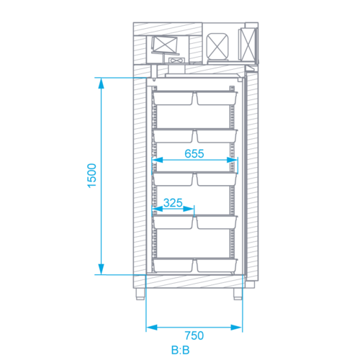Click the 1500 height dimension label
(x=92, y=176)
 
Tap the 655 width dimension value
(x=194, y=153)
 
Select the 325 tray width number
(x=173, y=203)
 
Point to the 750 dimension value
(x=194, y=336)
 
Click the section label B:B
(x=181, y=350)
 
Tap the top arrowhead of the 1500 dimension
(x=102, y=84)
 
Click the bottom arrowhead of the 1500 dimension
(x=102, y=269)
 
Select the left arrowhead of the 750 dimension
(x=152, y=328)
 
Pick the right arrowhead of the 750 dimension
(x=236, y=328)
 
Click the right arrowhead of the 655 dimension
(x=232, y=160)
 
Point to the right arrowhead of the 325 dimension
(x=189, y=209)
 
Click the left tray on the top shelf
(x=173, y=98)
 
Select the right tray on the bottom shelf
(x=217, y=266)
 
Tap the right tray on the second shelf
(x=217, y=136)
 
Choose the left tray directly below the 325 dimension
(x=173, y=222)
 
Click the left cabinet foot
(x=140, y=294)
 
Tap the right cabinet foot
(x=238, y=294)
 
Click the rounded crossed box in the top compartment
(x=217, y=46)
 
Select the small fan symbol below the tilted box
(x=177, y=60)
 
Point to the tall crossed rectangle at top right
(x=248, y=44)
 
